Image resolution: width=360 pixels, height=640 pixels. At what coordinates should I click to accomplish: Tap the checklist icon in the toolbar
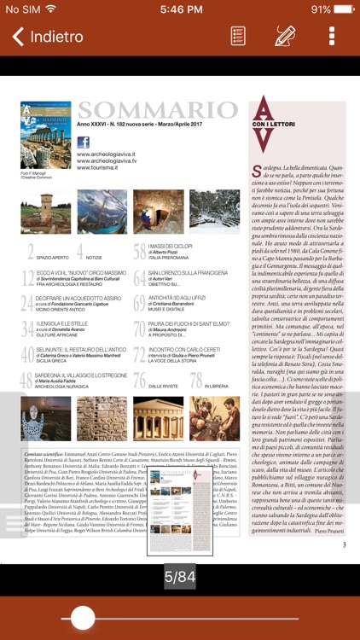click(239, 37)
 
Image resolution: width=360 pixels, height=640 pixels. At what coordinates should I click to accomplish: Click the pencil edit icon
click(285, 37)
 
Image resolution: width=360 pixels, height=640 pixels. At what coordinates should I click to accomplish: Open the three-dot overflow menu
click(332, 37)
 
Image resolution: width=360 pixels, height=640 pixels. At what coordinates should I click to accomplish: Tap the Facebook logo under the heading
click(83, 142)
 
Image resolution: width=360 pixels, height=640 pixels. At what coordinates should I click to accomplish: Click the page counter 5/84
click(180, 577)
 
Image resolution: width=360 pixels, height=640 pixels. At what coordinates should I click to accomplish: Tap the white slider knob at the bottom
click(83, 618)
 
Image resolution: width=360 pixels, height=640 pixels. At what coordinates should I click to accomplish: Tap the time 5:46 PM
click(180, 9)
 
